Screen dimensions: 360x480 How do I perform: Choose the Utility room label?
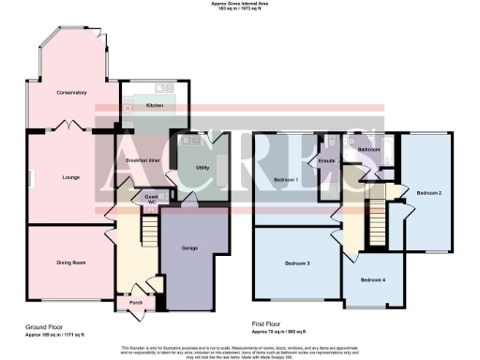tap(202, 169)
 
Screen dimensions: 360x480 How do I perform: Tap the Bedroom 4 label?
tap(373, 279)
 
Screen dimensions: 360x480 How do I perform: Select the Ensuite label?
tap(327, 161)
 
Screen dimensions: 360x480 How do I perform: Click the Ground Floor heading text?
tap(44, 326)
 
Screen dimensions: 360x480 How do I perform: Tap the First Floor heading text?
tap(270, 326)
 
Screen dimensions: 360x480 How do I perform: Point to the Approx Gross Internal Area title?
tap(239, 5)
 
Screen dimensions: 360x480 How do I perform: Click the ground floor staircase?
tap(146, 225)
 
